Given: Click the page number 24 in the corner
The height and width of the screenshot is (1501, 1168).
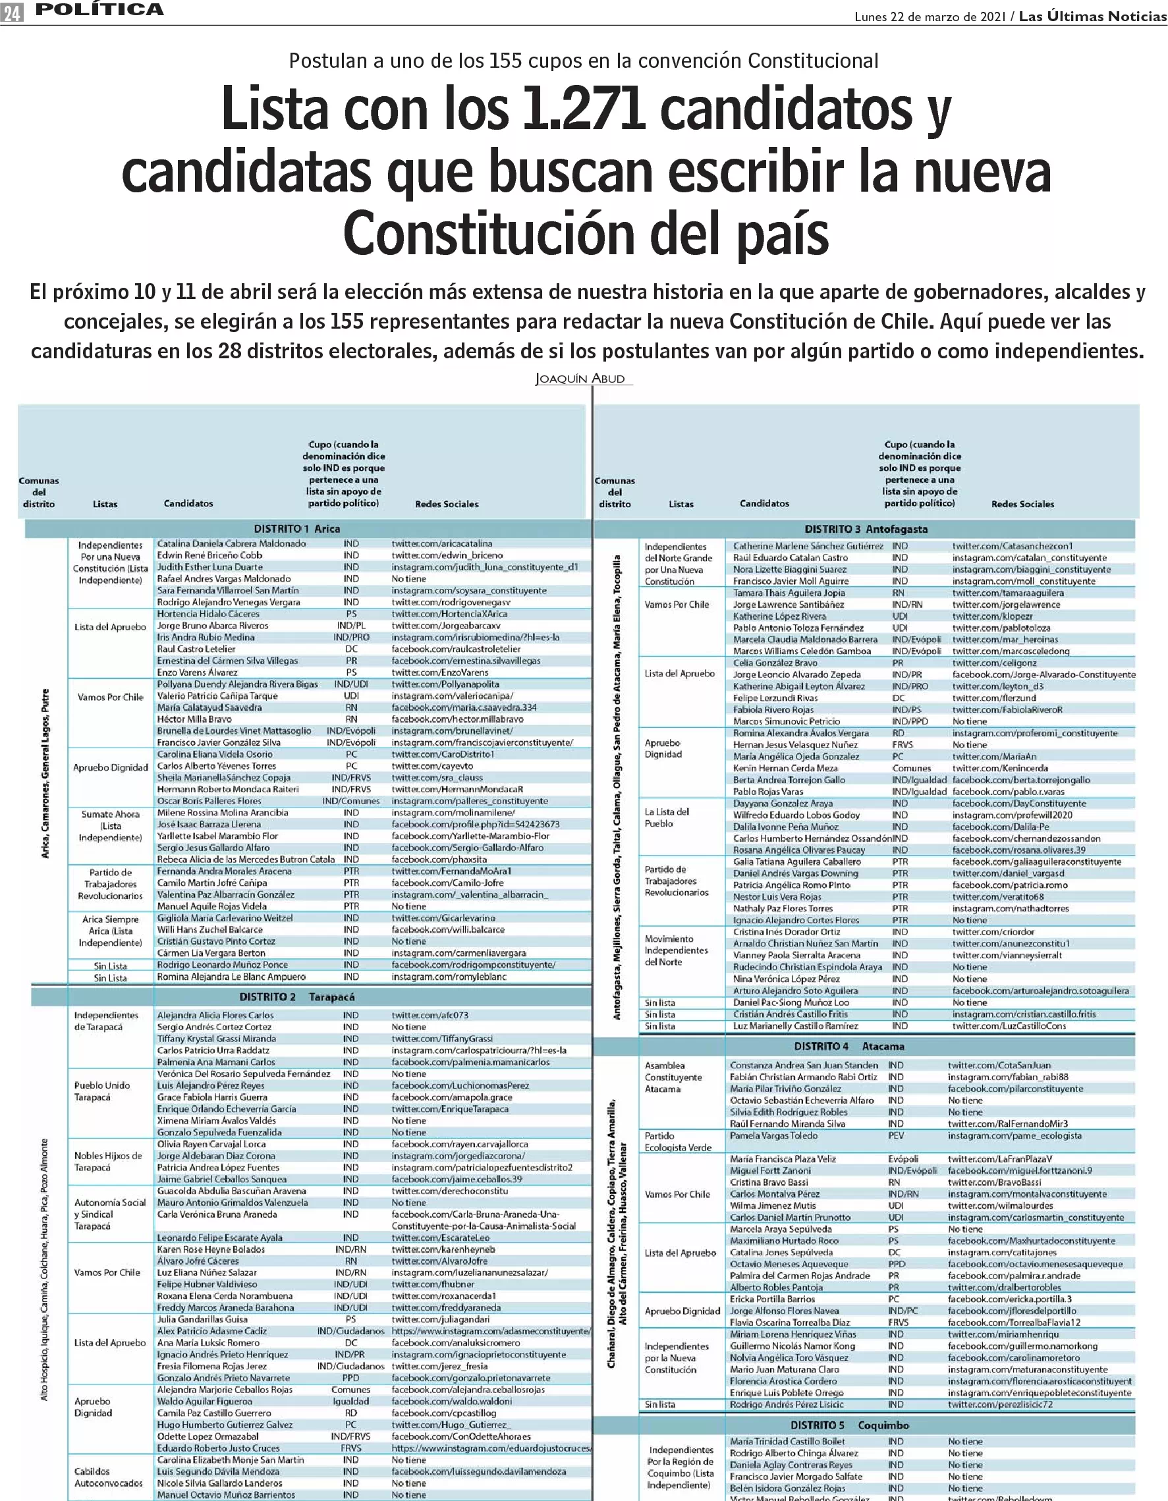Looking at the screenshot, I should [12, 13].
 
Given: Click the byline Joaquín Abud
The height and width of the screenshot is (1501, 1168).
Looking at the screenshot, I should [580, 379].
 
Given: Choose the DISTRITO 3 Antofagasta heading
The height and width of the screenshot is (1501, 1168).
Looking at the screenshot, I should [866, 529].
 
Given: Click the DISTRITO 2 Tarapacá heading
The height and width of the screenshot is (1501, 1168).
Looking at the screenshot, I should [296, 996].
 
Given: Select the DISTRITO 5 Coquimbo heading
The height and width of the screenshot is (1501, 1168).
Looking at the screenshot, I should [849, 1425].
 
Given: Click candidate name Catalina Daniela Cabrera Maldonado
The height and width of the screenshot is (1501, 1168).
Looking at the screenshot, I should [232, 543].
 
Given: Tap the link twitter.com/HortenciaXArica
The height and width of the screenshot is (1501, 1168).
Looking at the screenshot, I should [449, 614].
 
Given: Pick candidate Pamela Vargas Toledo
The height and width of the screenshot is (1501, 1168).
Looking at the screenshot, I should [773, 1135].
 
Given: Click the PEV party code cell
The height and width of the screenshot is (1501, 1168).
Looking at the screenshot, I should [895, 1135].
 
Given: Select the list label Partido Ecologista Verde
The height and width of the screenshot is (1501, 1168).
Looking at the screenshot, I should [677, 1141].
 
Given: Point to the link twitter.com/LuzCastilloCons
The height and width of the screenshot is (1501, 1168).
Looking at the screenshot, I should [1009, 1025].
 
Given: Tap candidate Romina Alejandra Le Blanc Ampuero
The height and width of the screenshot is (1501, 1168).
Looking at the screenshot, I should [231, 977].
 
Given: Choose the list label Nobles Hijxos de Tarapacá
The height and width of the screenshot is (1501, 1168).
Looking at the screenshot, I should [108, 1162].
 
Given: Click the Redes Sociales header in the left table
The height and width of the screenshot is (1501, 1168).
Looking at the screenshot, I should [446, 504].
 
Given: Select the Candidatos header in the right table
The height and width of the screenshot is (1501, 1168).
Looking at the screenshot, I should [764, 504].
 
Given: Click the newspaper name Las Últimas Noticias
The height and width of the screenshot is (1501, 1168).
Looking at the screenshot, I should [1092, 16].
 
